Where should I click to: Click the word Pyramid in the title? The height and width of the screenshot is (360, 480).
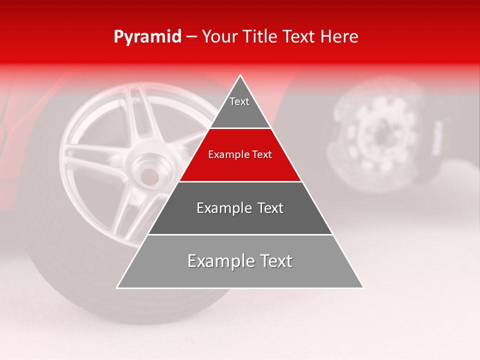[x=147, y=37]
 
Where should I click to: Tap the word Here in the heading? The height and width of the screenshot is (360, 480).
[x=339, y=37]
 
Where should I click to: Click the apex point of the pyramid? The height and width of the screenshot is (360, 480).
[x=240, y=75]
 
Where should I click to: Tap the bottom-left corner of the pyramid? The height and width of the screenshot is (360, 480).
[x=117, y=287]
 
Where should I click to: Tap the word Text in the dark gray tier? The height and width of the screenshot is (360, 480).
[x=269, y=208]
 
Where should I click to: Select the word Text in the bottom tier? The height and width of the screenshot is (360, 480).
[x=274, y=261]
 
